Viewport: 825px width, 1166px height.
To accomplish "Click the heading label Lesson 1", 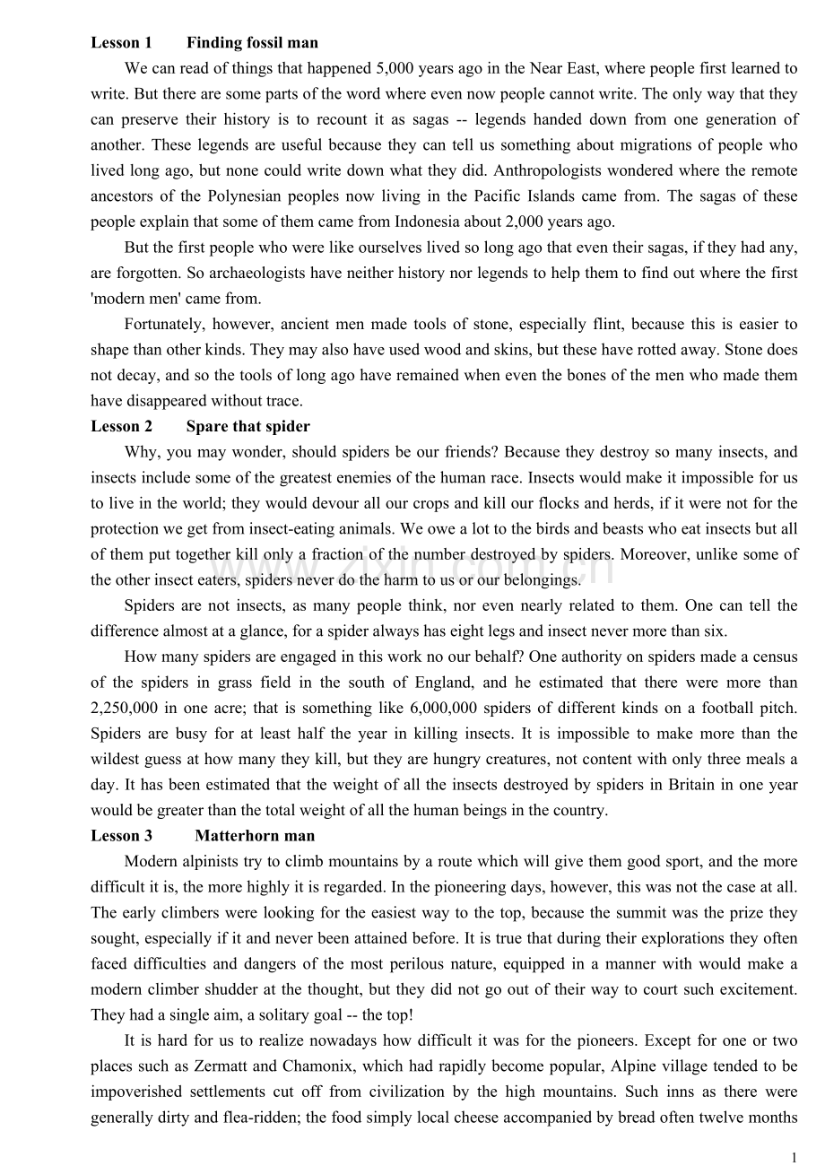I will pyautogui.click(x=121, y=42).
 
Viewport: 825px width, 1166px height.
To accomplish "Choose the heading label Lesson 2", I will pyautogui.click(x=121, y=426).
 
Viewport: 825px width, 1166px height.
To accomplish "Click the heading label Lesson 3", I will pyautogui.click(x=121, y=836).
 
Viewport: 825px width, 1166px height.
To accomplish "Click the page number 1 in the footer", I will pyautogui.click(x=794, y=1157).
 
